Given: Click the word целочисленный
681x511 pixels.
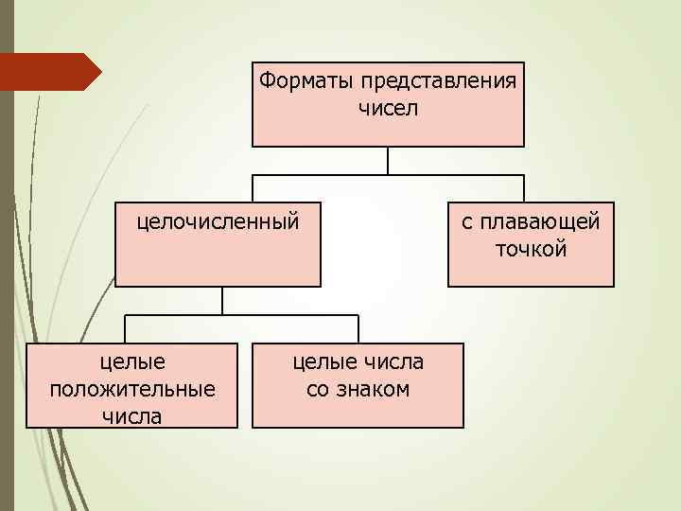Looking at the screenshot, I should [x=218, y=222].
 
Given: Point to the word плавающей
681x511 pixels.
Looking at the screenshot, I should [x=540, y=222].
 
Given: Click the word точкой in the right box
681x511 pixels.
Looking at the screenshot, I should [x=531, y=249].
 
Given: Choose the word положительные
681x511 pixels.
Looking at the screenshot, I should [x=131, y=388].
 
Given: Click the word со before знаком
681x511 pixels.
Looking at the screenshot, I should [x=319, y=388].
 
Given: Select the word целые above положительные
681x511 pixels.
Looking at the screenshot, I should [x=132, y=361].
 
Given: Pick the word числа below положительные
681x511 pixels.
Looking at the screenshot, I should [x=132, y=415].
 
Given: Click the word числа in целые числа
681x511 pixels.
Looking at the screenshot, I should [x=393, y=361].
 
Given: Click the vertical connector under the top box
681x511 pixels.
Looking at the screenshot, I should [x=388, y=160].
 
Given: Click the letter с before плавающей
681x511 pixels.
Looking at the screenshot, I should [x=467, y=222].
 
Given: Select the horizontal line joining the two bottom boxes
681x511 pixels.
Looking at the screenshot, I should [x=284, y=314].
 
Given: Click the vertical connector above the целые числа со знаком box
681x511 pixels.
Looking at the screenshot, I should [x=358, y=328].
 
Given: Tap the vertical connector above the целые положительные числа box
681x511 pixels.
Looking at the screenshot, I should [x=126, y=328].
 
